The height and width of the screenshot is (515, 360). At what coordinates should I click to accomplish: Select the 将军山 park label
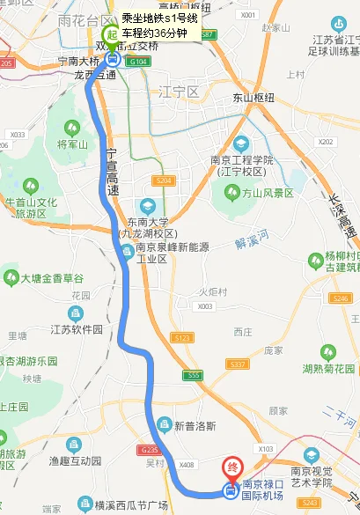coord(69,144)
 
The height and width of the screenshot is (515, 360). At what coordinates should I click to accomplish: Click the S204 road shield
coord(162,180)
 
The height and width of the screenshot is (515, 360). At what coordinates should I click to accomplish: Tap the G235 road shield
coord(147,449)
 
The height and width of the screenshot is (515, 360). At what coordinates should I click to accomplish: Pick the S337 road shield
coord(237,363)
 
